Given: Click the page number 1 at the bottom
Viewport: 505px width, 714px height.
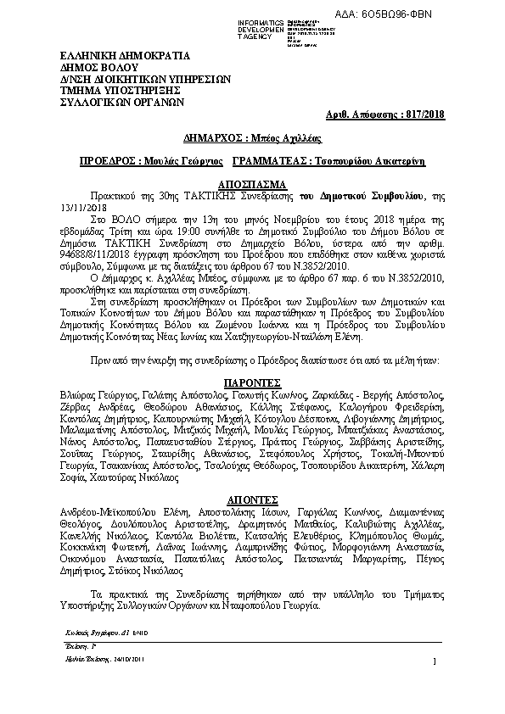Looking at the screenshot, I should pos(433,661).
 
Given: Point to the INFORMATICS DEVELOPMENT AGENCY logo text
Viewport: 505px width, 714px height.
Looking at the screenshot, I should pos(267,25).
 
